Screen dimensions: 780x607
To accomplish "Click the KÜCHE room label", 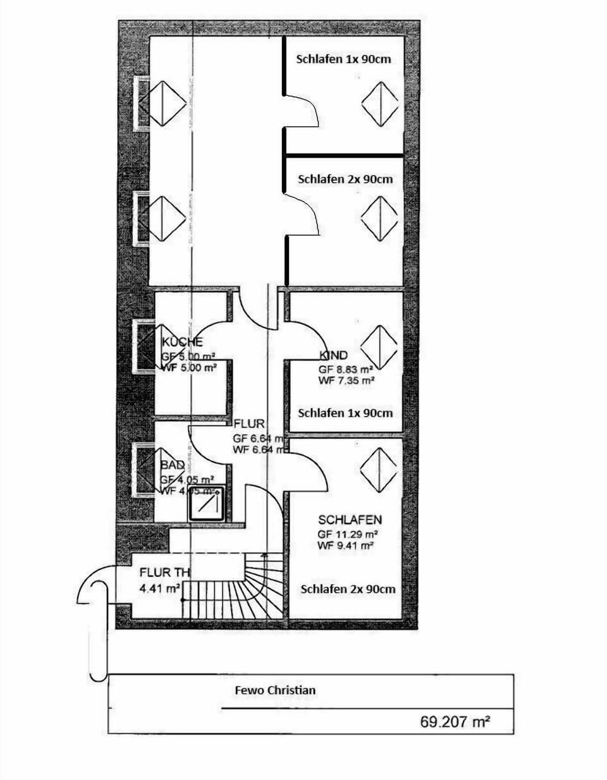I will [x=182, y=342].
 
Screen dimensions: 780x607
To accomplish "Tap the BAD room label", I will [x=173, y=465].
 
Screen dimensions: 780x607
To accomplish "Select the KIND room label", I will [x=333, y=355].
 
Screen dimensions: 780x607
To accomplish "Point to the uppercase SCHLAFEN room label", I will [x=350, y=520].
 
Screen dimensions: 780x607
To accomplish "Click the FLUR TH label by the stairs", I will [x=164, y=573].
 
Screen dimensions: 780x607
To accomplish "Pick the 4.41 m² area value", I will [x=159, y=587].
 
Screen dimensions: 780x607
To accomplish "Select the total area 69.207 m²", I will [x=455, y=722].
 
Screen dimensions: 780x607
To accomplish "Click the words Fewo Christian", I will [x=275, y=690].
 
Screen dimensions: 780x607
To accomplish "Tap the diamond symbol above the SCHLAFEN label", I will [x=378, y=469].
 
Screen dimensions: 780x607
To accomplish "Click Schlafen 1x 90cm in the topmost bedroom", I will [x=343, y=59].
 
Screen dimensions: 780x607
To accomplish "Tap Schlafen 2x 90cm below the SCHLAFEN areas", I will [x=348, y=589].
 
